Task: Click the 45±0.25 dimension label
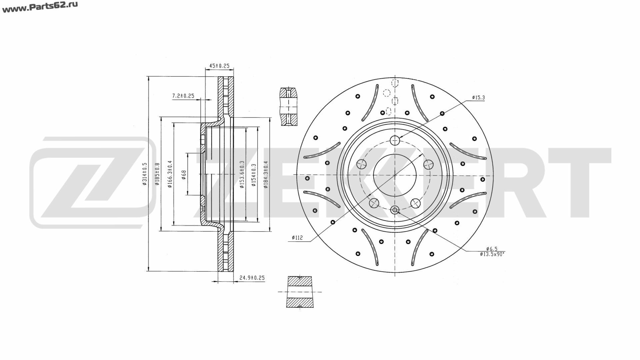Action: (219, 66)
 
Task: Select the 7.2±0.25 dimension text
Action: (183, 96)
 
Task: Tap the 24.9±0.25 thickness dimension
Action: (252, 278)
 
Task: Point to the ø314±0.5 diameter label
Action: (144, 174)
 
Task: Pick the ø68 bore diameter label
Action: (184, 174)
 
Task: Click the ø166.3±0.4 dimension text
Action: (170, 174)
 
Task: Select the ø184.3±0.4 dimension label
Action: (266, 174)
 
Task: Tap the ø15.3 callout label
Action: (478, 98)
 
